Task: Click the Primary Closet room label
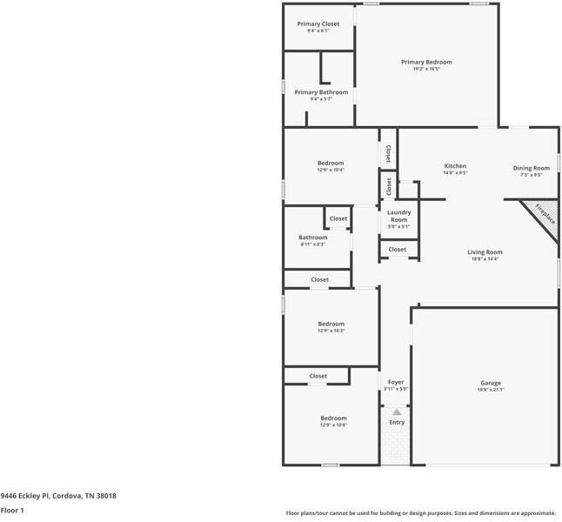point(318,23)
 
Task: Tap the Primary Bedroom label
point(426,62)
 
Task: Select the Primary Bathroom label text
point(321,92)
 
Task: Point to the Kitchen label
point(455,166)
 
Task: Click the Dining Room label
point(531,168)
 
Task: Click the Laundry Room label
point(398,216)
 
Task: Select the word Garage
point(491,383)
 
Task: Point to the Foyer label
point(396,382)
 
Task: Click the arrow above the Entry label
point(397,412)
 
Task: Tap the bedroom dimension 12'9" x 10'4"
point(331,171)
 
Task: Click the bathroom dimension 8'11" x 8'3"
point(313,244)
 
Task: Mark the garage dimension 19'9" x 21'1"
point(491,391)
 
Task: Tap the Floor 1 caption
point(12,511)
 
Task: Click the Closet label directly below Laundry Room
point(397,250)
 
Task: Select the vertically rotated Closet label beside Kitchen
point(388,154)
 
